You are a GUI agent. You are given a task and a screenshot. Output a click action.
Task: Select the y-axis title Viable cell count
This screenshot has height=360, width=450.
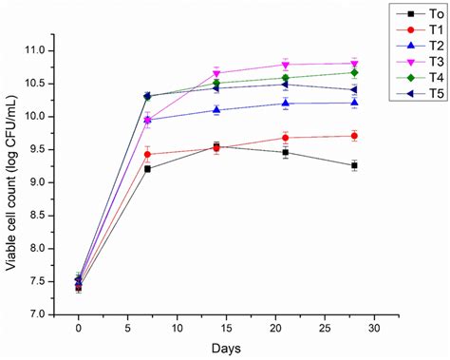(12, 180)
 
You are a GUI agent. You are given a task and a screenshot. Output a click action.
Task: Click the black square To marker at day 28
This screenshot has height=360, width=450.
(354, 165)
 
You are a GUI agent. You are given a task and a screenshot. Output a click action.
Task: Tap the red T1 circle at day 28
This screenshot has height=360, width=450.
(354, 136)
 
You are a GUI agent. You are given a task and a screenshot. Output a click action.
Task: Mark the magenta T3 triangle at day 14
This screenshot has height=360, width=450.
(216, 73)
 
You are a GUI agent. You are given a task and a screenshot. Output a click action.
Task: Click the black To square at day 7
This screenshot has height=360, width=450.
(147, 168)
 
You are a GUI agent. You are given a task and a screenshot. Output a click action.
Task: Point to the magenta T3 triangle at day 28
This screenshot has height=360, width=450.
(354, 64)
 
